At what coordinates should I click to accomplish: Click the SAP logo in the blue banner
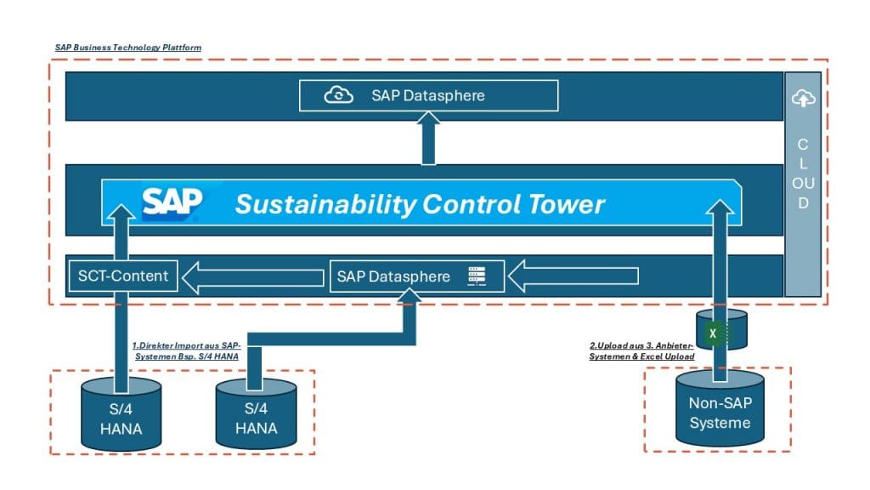click(x=172, y=202)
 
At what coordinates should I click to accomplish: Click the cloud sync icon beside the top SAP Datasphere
click(x=340, y=95)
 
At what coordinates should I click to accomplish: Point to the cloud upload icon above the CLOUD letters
click(x=802, y=100)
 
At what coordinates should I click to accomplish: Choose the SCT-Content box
click(x=124, y=276)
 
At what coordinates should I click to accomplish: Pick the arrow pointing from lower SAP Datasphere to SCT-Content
click(x=255, y=276)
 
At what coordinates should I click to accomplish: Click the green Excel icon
click(x=715, y=333)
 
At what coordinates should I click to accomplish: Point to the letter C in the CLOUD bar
click(x=803, y=145)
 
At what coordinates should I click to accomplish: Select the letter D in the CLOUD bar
click(x=803, y=203)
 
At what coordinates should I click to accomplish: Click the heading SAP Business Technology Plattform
click(x=128, y=48)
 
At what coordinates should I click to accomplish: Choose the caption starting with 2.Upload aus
click(x=642, y=351)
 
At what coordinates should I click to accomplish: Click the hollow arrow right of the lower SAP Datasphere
click(x=579, y=276)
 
